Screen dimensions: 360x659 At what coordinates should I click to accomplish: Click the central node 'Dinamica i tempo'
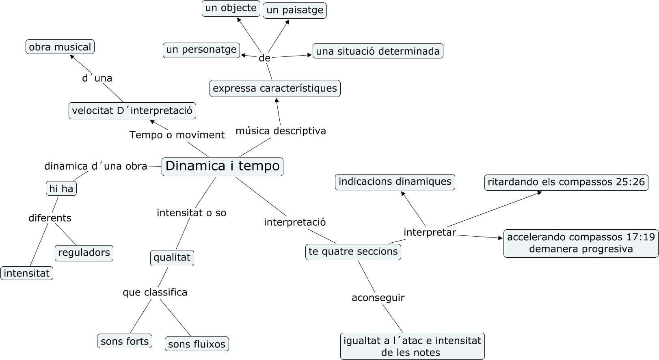[223, 166]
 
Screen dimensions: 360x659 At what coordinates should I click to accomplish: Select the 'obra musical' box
[60, 47]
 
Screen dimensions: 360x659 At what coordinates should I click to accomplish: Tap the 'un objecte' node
[231, 8]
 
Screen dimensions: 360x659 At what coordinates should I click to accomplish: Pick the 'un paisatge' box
[295, 10]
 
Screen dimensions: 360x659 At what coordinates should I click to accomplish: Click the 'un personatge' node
[201, 50]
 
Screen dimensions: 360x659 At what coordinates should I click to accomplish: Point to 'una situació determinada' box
[378, 51]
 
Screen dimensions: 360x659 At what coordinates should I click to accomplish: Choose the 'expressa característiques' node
[275, 88]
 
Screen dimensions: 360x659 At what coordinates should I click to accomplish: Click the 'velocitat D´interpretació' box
[132, 111]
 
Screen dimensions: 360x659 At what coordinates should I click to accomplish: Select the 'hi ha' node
[61, 189]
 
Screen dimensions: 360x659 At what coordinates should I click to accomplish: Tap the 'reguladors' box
[84, 253]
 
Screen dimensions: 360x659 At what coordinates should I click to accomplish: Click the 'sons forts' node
[125, 341]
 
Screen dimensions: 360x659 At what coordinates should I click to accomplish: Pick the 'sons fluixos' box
[197, 344]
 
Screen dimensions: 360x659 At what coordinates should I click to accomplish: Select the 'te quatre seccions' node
[353, 252]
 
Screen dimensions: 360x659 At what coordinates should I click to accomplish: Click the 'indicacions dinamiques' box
[395, 182]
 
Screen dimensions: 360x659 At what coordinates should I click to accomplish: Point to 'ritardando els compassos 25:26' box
[566, 182]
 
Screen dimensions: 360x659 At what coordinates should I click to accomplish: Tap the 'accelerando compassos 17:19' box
[581, 243]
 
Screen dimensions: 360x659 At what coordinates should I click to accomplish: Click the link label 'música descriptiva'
[281, 131]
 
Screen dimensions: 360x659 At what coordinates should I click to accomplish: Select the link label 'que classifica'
[155, 293]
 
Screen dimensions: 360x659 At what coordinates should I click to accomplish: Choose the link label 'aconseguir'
[378, 298]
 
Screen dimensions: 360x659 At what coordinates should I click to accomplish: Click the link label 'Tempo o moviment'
[177, 135]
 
